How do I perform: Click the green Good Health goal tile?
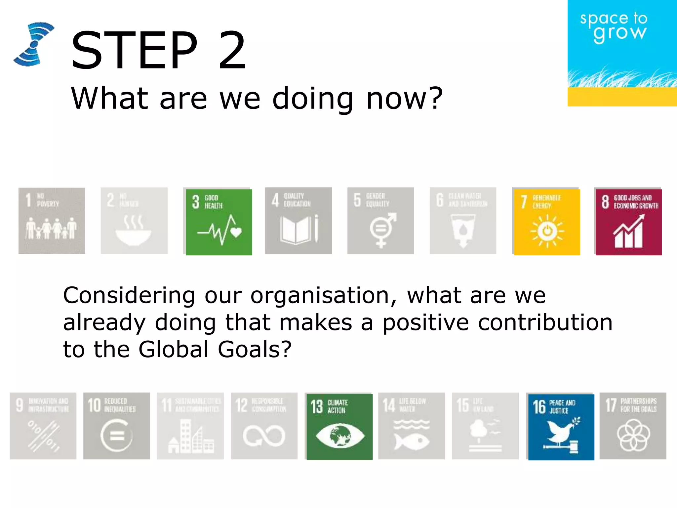[219, 222]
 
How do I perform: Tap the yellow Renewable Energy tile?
[547, 222]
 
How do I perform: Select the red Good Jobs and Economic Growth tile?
[628, 222]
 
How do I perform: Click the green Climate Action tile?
[339, 427]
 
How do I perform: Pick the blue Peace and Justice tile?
[561, 427]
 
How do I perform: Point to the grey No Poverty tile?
[52, 221]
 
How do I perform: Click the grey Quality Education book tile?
[299, 221]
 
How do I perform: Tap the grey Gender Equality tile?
[380, 221]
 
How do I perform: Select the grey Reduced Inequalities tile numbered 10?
[116, 426]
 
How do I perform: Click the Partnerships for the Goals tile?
[633, 426]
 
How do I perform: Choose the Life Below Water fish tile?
[412, 426]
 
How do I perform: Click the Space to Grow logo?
[621, 53]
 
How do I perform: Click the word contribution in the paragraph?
[545, 322]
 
